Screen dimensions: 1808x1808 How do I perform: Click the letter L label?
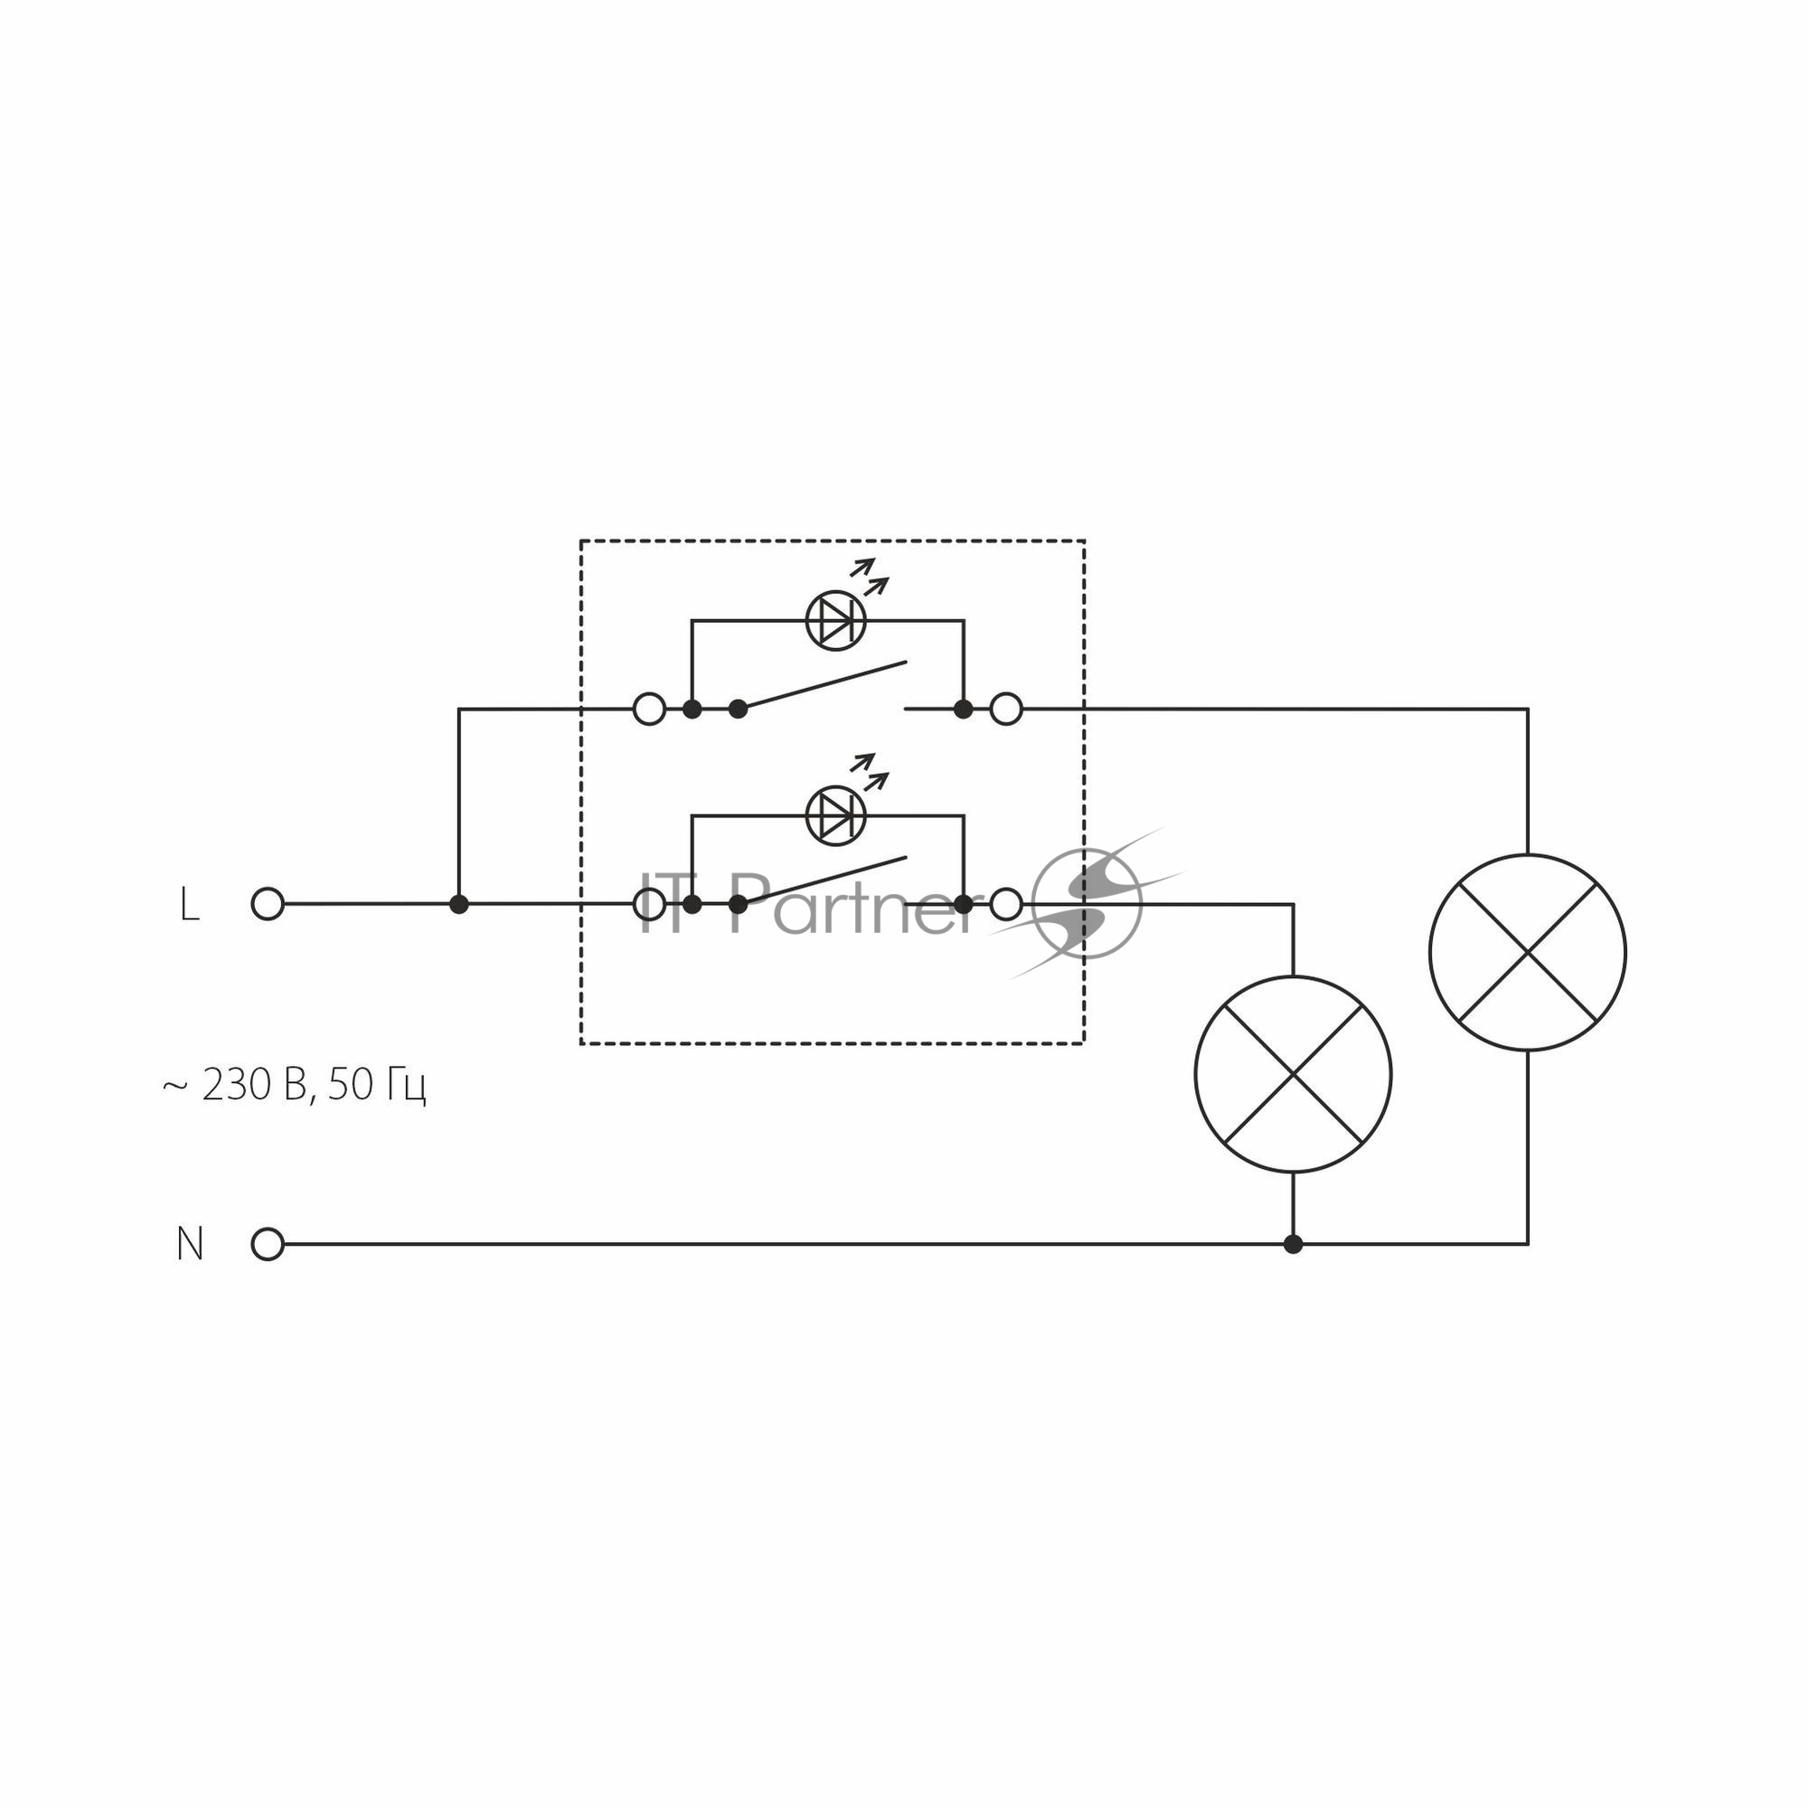[x=189, y=905]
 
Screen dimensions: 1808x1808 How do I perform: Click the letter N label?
[x=190, y=1245]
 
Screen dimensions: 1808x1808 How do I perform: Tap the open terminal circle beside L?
[x=268, y=904]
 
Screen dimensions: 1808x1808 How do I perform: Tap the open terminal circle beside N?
[x=268, y=1245]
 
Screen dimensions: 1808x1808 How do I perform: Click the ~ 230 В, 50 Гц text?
[x=294, y=1086]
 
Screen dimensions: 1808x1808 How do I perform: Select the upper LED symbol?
[x=835, y=620]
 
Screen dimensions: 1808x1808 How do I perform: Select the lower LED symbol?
[x=835, y=816]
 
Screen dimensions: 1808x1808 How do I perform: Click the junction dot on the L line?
[x=458, y=904]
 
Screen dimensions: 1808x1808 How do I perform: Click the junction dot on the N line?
[x=1294, y=1245]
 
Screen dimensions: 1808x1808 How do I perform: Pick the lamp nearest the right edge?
[x=1528, y=953]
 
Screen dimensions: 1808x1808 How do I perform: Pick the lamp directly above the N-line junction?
[x=1294, y=1074]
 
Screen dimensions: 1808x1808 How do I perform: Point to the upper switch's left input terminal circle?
[x=649, y=710]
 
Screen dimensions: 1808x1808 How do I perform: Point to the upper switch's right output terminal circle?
[x=1006, y=710]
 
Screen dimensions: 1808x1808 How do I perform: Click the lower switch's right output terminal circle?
[x=1006, y=904]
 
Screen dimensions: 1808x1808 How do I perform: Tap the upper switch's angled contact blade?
[x=823, y=686]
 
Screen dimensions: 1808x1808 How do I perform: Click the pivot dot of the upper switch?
[x=739, y=710]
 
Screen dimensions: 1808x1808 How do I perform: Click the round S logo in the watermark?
[x=1087, y=904]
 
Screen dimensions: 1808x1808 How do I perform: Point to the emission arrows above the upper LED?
[x=870, y=577]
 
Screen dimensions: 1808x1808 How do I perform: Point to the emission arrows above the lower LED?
[x=870, y=772]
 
